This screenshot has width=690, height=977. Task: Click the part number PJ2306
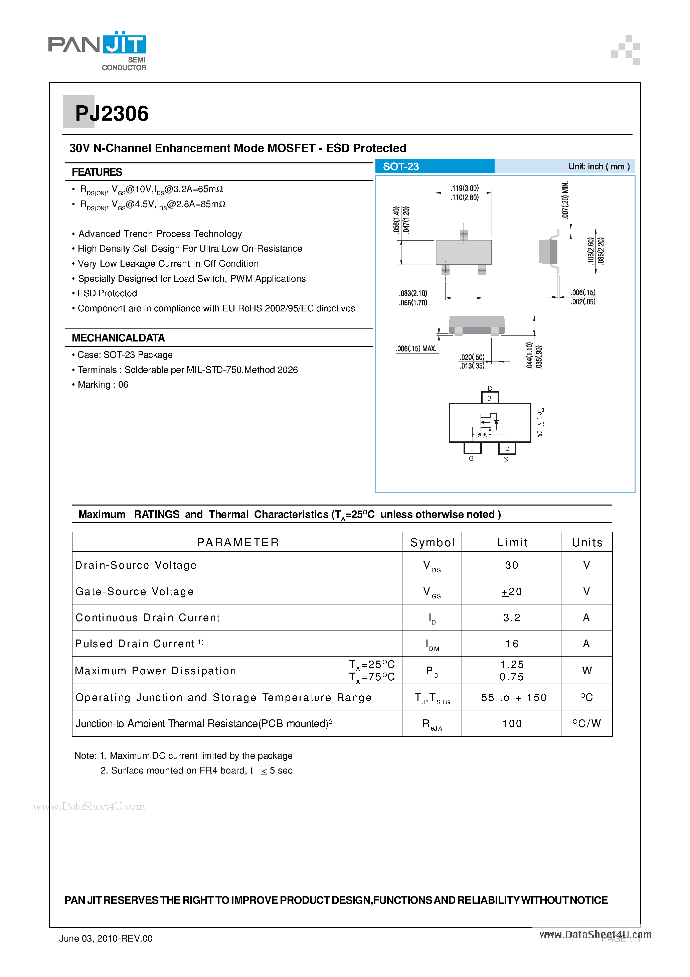(112, 114)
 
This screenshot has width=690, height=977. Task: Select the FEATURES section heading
(97, 172)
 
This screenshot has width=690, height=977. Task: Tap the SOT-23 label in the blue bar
(401, 166)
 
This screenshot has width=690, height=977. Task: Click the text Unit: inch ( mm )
(598, 166)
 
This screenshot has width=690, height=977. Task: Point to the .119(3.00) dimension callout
(465, 188)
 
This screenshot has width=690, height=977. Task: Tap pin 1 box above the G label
(472, 448)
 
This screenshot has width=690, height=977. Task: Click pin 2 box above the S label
(507, 448)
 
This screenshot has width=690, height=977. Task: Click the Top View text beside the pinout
(539, 423)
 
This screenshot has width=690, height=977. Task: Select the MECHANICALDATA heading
(118, 338)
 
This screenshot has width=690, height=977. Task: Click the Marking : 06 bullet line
(103, 385)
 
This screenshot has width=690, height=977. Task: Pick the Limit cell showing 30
(511, 565)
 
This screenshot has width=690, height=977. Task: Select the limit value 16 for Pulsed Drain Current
(511, 644)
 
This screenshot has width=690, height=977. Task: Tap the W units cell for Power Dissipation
(586, 671)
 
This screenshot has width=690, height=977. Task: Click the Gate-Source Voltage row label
(135, 591)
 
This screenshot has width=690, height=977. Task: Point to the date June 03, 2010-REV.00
(106, 938)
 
